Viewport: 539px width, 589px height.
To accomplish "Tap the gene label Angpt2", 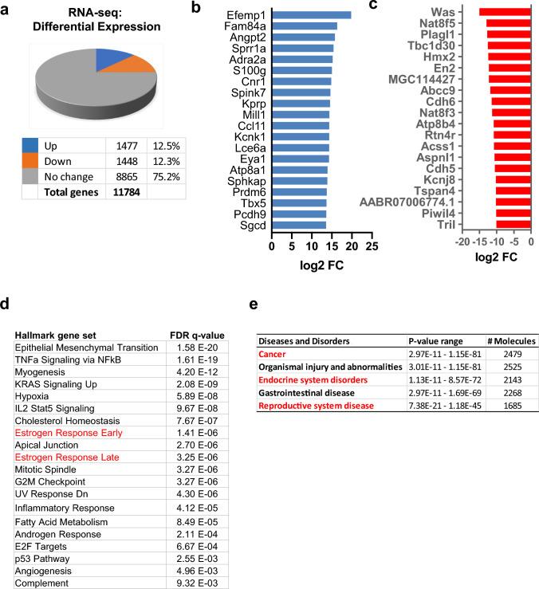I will pos(247,37).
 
